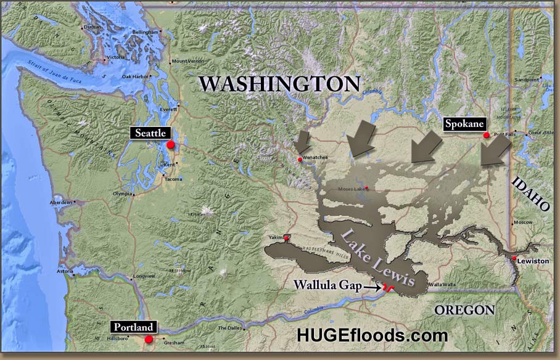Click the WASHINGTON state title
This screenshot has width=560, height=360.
[279, 84]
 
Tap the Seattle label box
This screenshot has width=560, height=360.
[149, 133]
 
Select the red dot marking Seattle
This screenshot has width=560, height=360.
[171, 144]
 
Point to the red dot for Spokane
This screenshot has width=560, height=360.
[486, 135]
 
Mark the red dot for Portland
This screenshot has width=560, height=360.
[149, 339]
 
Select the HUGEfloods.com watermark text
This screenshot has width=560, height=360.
[372, 335]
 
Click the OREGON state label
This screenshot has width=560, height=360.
[464, 309]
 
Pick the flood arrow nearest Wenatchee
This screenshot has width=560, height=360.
[302, 142]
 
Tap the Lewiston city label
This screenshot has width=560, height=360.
[533, 261]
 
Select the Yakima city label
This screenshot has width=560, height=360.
[275, 237]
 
